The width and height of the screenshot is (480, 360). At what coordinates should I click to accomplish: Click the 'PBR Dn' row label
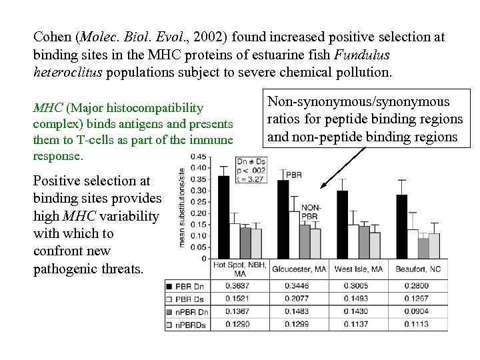[187, 285]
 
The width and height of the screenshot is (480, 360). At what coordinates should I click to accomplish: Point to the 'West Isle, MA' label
[359, 268]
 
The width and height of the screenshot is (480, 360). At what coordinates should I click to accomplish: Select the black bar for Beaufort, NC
[402, 226]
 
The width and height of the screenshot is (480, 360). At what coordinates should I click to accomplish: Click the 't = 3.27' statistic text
[252, 178]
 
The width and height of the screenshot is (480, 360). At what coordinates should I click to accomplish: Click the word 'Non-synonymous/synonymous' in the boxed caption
[358, 101]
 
